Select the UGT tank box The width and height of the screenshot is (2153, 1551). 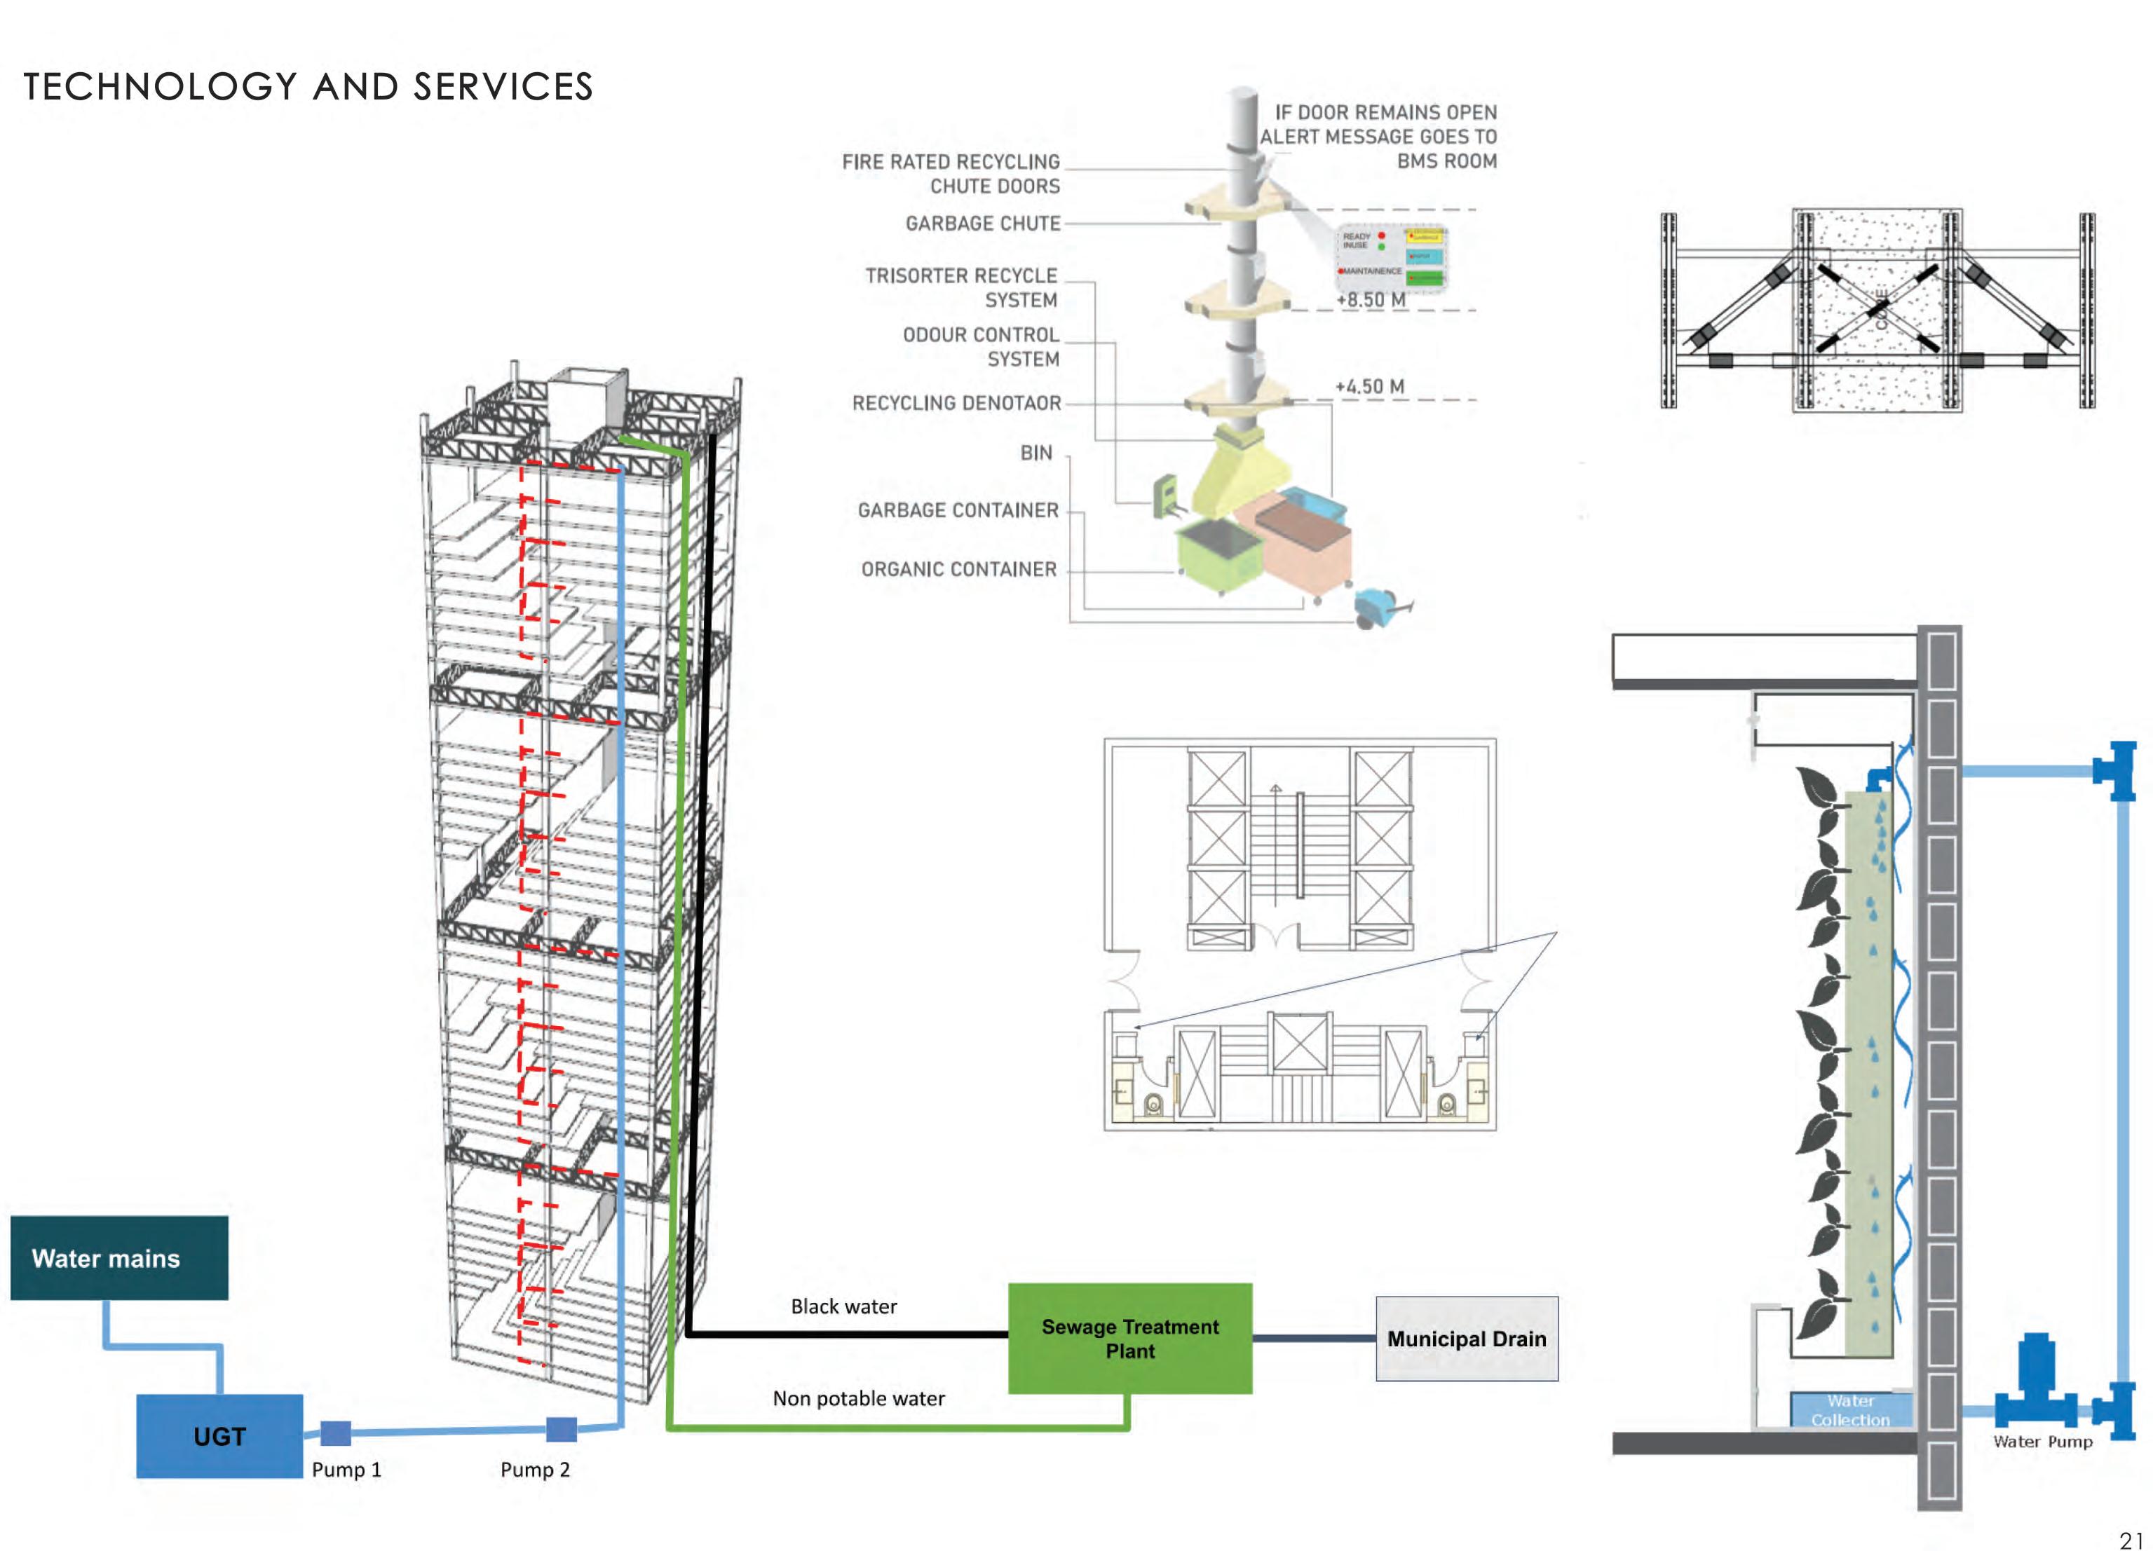point(219,1435)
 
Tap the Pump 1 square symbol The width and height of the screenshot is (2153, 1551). point(335,1433)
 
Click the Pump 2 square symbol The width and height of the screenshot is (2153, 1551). point(561,1428)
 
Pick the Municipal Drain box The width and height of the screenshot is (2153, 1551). point(1467,1339)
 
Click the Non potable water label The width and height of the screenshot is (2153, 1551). point(858,1398)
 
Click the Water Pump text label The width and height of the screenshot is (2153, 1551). point(2042,1441)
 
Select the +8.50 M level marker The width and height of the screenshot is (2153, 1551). point(1371,300)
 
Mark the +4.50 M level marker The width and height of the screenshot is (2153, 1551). point(1370,386)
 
